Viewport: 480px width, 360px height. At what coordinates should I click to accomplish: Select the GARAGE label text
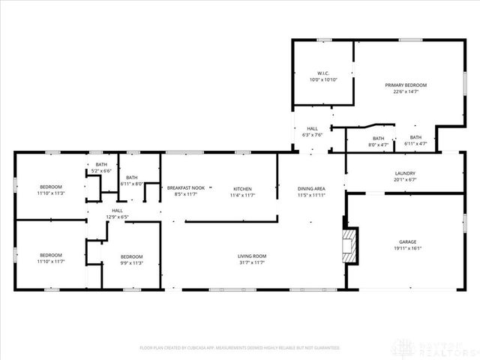point(407,242)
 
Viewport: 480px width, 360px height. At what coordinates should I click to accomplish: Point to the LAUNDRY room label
point(405,173)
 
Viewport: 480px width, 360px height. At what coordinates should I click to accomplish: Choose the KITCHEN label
point(242,188)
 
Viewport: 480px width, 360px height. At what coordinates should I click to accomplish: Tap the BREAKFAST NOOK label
point(185,188)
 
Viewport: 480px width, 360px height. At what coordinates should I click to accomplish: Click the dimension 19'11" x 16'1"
point(407,249)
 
